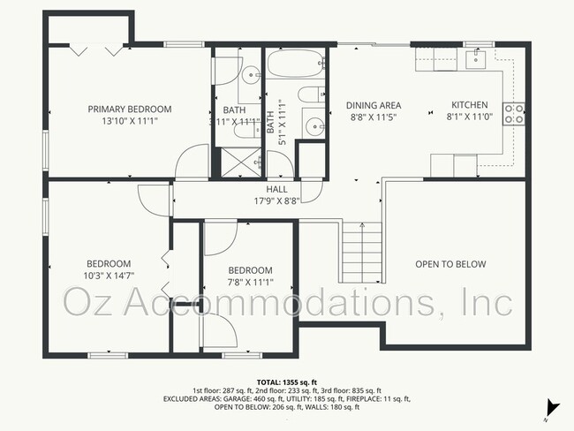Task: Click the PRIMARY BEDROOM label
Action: [x=129, y=110]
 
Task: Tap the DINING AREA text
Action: [x=373, y=105]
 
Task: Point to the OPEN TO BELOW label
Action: [x=450, y=264]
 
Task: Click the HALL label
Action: [x=276, y=189]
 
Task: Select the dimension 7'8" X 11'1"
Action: [x=250, y=283]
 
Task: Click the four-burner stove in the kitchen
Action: [x=514, y=112]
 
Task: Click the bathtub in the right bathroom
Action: [x=296, y=64]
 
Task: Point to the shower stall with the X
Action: [x=236, y=163]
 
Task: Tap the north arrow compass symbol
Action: [x=553, y=407]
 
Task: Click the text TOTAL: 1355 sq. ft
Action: [x=286, y=381]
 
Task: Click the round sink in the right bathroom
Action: [x=313, y=126]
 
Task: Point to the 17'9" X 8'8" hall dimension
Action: [x=276, y=200]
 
